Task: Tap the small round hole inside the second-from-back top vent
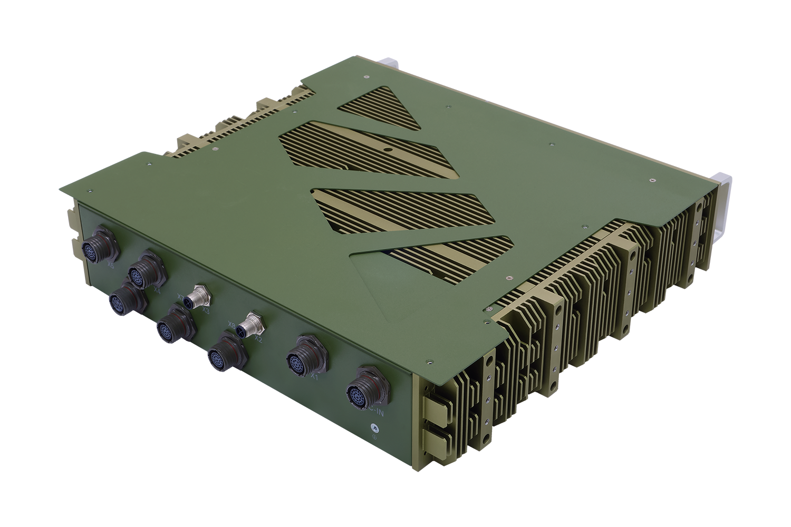(388, 150)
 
